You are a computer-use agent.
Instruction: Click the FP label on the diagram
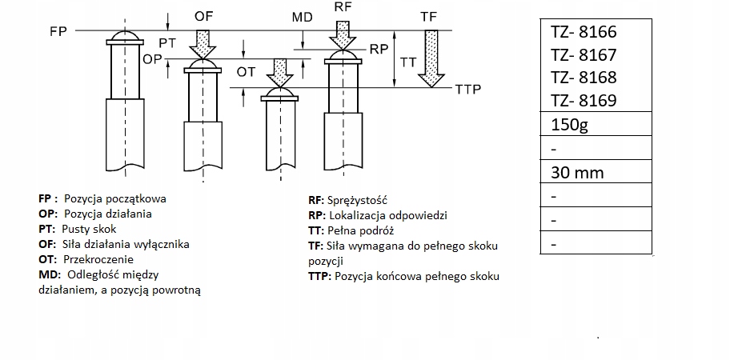[58, 30]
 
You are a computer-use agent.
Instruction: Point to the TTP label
[467, 90]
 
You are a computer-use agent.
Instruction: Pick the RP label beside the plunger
[379, 49]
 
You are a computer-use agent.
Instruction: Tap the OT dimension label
[247, 72]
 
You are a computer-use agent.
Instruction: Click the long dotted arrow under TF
[433, 58]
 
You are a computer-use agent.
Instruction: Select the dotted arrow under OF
[203, 43]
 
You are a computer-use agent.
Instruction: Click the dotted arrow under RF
[345, 35]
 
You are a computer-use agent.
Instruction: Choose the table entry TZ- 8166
[584, 33]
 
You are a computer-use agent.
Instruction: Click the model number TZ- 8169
[584, 101]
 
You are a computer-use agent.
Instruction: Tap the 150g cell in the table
[570, 126]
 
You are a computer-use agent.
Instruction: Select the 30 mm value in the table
[577, 172]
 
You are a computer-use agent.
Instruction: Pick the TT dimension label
[408, 62]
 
